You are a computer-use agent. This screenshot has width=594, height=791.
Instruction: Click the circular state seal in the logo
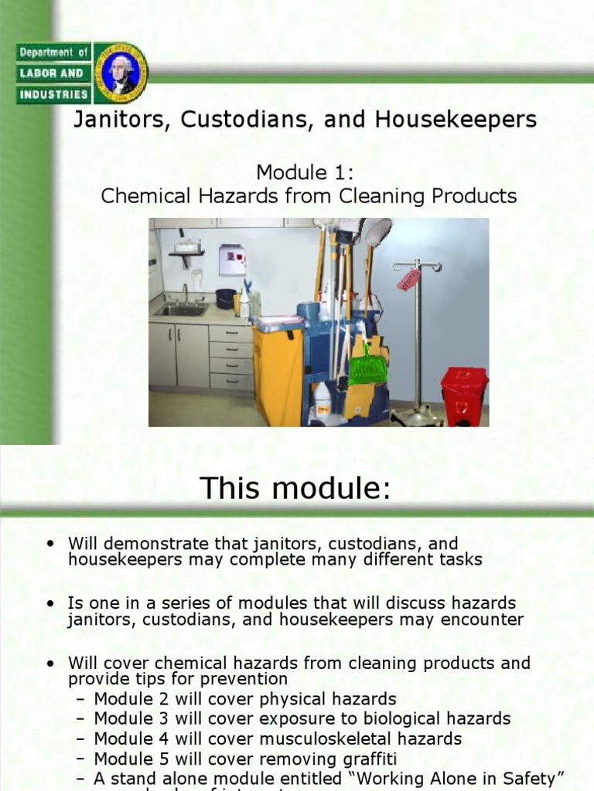coord(120,73)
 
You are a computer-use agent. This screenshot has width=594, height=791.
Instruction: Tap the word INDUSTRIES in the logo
coord(53,94)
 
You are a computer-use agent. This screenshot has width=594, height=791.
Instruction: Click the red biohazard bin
coord(463,395)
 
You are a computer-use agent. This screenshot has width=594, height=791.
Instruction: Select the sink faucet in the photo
coord(185,294)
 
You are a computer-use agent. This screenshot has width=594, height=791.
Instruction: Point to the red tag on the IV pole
coord(408,280)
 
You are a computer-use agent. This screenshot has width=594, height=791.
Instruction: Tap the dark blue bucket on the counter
coord(226,298)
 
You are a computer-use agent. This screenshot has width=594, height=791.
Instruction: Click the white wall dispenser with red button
coord(232,260)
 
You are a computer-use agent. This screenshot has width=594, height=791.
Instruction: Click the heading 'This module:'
coord(295,487)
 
